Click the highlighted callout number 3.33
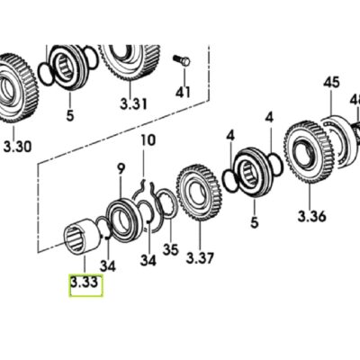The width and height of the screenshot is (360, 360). [x=85, y=283]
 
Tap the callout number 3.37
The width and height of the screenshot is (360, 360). [x=200, y=258]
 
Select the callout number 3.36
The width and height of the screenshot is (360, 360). [x=311, y=216]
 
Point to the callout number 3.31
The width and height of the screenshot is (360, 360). [x=134, y=103]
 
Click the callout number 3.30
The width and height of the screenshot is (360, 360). [x=17, y=147]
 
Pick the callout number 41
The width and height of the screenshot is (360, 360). [x=183, y=92]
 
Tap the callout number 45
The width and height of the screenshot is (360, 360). [x=331, y=82]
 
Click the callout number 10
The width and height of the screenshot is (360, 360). [x=148, y=140]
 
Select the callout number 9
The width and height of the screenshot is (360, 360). [x=121, y=169]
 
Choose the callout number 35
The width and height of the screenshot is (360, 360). [x=170, y=249]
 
